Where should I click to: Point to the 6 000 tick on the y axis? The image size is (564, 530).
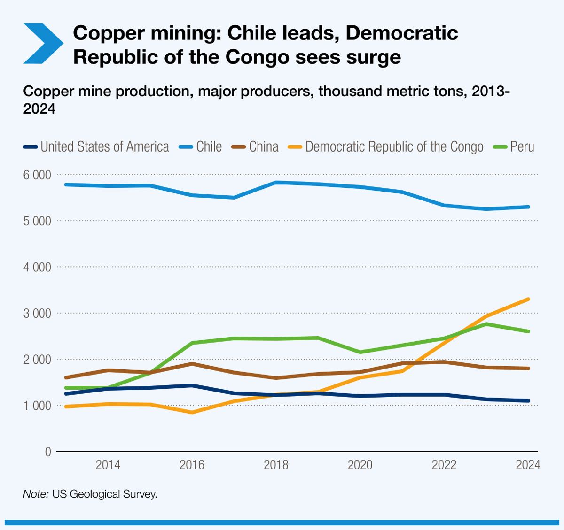pyautogui.click(x=37, y=175)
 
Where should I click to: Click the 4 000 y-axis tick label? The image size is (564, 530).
pyautogui.click(x=37, y=267)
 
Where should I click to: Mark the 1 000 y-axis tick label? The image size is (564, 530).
pyautogui.click(x=37, y=406)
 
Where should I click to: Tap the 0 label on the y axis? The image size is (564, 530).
pyautogui.click(x=48, y=452)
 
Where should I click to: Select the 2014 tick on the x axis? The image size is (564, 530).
pyautogui.click(x=108, y=465)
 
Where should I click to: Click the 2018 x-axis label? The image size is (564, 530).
pyautogui.click(x=276, y=465)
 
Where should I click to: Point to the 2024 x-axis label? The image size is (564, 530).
pyautogui.click(x=528, y=465)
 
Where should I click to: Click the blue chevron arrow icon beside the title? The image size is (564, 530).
pyautogui.click(x=43, y=43)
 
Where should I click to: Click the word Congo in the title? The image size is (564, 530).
pyautogui.click(x=257, y=57)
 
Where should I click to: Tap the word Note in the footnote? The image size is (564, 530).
pyautogui.click(x=35, y=494)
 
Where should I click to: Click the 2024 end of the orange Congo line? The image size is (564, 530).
pyautogui.click(x=528, y=299)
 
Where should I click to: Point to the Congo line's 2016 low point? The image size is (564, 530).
pyautogui.click(x=192, y=412)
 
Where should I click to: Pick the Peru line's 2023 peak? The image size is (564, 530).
pyautogui.click(x=486, y=324)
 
